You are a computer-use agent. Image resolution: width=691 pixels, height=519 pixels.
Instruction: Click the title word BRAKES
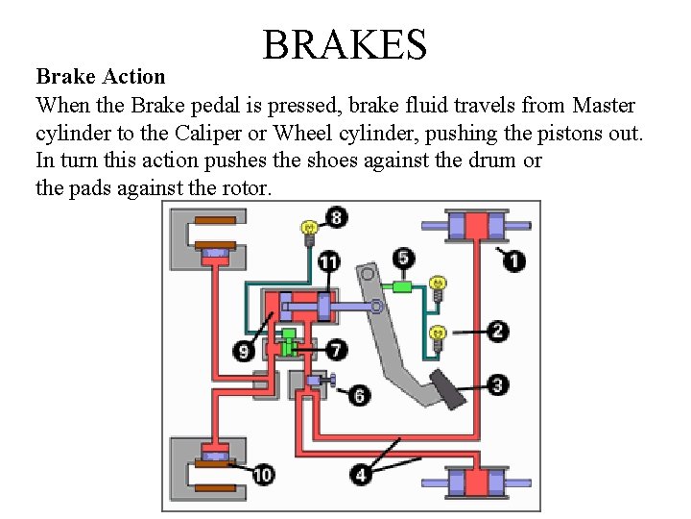345,44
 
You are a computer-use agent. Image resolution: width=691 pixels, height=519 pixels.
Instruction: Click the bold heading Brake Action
101,76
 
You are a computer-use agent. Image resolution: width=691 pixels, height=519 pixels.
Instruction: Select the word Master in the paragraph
604,105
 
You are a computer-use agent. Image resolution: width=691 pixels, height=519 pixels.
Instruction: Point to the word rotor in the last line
246,188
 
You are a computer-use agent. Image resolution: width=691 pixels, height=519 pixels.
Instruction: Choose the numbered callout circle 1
514,260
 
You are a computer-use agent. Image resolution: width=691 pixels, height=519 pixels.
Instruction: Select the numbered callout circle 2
497,332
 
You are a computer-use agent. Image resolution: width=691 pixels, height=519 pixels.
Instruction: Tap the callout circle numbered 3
497,385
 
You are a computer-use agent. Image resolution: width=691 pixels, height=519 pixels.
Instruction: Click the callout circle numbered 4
361,474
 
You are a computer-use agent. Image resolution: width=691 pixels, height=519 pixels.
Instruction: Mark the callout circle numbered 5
404,258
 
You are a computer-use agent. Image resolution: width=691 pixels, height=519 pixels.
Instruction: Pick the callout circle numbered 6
360,395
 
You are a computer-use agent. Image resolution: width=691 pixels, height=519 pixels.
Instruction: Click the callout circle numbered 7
336,350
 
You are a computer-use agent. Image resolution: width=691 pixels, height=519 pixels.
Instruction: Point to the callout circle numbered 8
335,217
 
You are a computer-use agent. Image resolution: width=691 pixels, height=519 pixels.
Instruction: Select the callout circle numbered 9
246,352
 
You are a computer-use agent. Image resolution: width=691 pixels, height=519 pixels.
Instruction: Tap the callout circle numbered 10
263,474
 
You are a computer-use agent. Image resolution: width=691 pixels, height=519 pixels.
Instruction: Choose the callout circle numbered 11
328,262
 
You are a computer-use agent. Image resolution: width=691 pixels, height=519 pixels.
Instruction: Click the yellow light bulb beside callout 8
309,230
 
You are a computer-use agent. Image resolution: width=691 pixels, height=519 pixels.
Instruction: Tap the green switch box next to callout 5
401,285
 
